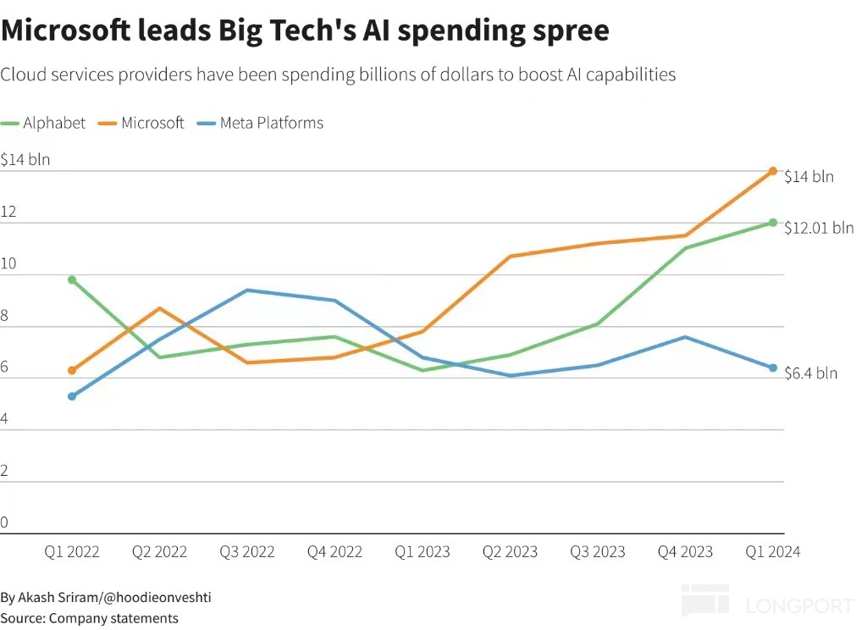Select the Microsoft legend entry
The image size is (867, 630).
coord(143,123)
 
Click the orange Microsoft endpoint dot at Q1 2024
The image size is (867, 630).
coord(773,171)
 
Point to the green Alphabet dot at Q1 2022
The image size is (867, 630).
coord(72,279)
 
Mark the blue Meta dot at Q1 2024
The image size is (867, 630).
coord(773,367)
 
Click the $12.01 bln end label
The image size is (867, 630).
coord(819,228)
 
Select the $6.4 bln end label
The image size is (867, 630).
coord(810,373)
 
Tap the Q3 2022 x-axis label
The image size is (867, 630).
coord(247,552)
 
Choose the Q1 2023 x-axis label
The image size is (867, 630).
coord(422,552)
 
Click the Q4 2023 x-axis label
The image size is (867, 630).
coord(686,552)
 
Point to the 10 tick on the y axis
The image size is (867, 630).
coord(8,264)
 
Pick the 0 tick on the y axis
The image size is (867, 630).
coord(4,522)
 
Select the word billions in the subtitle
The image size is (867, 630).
coord(398,75)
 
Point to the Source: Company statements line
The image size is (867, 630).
coord(89,618)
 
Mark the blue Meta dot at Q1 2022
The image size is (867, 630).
coord(72,396)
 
